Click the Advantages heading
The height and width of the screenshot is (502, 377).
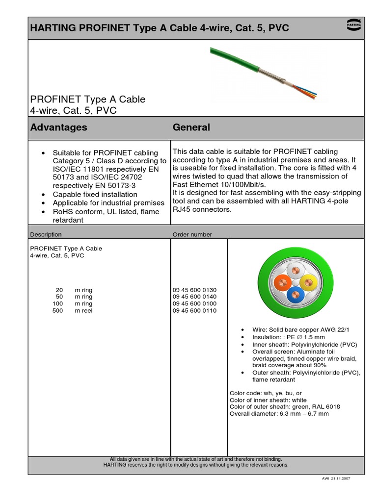[x=58, y=127]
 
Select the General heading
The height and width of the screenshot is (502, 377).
[x=191, y=127]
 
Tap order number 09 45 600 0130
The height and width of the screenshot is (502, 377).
[x=194, y=290]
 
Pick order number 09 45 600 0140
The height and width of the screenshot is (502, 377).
[x=194, y=297]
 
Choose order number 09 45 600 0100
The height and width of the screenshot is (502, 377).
[x=194, y=304]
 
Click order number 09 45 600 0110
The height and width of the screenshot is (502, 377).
[x=194, y=311]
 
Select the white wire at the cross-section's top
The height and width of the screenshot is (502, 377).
[x=296, y=269]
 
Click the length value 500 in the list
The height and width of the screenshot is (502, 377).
[x=58, y=311]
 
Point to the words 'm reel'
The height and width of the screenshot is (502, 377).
[x=83, y=311]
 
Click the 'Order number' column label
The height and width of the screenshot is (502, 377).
[x=192, y=234]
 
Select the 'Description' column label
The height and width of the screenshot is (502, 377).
[x=46, y=234]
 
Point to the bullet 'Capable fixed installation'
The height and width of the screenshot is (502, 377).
[x=95, y=195]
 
